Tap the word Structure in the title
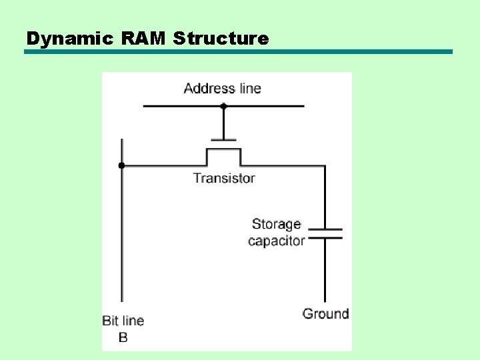point(221,39)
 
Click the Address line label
point(222,88)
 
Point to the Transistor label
point(224,178)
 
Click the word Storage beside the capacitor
point(276,224)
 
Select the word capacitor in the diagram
point(276,241)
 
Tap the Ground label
point(325,313)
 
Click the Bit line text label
point(123,321)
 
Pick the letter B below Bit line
point(123,337)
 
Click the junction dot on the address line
point(223,106)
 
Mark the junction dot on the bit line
point(121,165)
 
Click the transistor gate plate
point(223,140)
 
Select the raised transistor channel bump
point(223,150)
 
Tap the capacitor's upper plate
point(325,229)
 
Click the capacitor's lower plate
point(325,237)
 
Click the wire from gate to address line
point(223,123)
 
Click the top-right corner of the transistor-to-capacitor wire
point(325,166)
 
